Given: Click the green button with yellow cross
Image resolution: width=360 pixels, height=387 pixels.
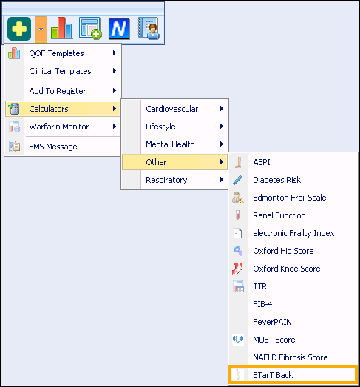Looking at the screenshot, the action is coord(19,29).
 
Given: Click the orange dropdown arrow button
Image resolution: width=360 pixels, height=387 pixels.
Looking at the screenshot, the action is coord(41,29).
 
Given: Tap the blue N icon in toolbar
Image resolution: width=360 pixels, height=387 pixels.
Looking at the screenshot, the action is coord(119,29).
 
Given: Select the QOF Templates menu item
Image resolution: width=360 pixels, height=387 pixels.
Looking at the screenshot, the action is coord(56,53).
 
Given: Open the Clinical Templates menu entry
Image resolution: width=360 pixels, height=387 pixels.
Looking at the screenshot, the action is coord(60,71).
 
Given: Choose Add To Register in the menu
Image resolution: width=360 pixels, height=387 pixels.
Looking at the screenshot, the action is coord(58,91).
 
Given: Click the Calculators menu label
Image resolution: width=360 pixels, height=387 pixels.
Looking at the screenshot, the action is coord(49,109).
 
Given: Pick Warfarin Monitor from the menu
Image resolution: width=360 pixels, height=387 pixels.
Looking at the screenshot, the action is coord(59,127).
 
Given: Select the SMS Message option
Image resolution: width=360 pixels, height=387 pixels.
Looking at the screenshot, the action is coord(53,147).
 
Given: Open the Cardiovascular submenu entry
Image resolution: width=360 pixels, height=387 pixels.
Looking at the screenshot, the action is coord(171,109).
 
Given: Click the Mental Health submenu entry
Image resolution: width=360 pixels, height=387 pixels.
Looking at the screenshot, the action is coord(170,144).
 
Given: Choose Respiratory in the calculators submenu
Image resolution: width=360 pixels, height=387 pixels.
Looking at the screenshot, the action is coord(166,180).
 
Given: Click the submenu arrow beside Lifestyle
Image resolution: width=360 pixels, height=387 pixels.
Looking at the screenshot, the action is coord(222,127).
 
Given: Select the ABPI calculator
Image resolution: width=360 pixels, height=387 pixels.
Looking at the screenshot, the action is coord(262,162).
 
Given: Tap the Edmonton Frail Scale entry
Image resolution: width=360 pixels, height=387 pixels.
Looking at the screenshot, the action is coord(290,198).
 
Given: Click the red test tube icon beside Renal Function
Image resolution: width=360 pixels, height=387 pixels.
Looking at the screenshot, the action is coord(238,215).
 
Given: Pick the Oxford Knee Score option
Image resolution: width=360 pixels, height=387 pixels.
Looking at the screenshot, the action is coord(287,269).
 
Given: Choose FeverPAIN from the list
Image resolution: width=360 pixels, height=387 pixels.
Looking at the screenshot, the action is coord(272,322).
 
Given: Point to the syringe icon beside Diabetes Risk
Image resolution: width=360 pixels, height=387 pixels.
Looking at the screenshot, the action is coord(238,180).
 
